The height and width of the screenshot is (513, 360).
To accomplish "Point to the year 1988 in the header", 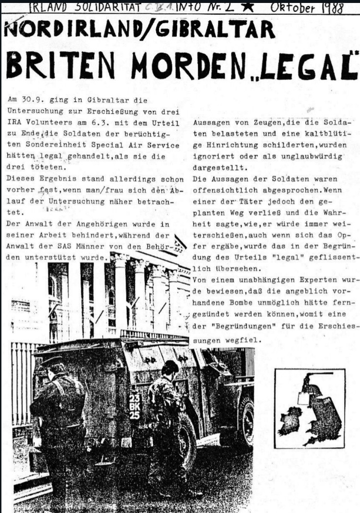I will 333,8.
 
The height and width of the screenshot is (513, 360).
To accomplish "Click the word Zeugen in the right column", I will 248,122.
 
